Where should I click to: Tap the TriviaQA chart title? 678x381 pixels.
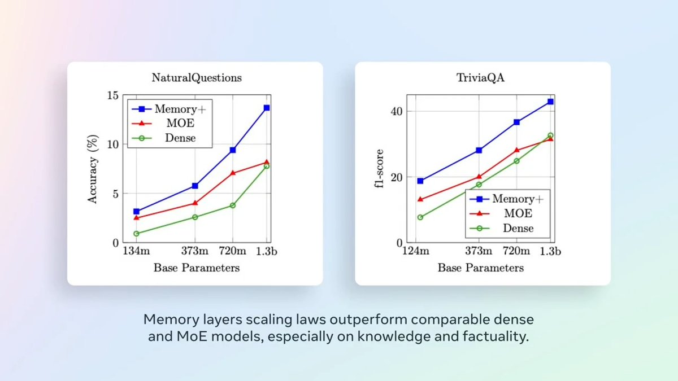click(x=482, y=78)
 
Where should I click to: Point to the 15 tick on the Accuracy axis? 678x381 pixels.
click(x=112, y=95)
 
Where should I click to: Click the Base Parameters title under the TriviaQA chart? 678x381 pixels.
click(x=480, y=268)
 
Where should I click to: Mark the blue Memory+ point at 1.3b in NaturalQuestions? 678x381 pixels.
click(x=266, y=108)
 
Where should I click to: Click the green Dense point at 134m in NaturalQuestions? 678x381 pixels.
click(x=136, y=233)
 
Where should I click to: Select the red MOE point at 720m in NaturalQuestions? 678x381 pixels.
click(x=232, y=173)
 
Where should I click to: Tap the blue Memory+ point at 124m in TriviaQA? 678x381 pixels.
click(x=420, y=181)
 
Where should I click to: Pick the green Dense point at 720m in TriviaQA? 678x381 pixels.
click(x=516, y=161)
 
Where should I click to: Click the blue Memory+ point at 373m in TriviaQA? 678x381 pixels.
click(x=479, y=150)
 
